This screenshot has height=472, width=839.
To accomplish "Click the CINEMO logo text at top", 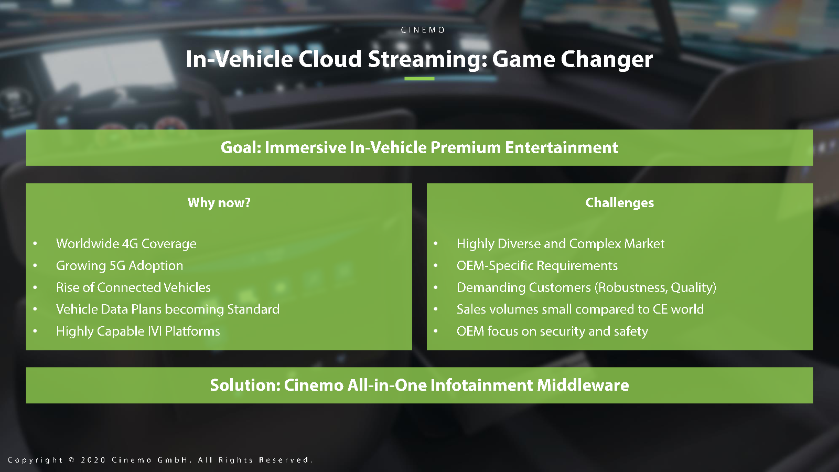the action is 423,30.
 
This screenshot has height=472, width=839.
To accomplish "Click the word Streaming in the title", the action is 427,60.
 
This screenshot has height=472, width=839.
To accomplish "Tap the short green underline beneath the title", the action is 419,79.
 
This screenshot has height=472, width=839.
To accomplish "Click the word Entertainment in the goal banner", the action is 562,147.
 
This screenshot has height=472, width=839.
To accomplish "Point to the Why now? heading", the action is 219,202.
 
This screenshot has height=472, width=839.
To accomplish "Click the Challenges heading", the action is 619,202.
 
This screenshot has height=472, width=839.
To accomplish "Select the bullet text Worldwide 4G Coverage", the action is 126,244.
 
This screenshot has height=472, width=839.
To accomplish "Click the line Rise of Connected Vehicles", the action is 133,287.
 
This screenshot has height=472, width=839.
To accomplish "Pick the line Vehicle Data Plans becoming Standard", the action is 168,309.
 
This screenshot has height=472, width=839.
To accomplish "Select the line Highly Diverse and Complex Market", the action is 561,244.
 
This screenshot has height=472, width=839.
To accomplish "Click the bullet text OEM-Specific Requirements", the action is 537,265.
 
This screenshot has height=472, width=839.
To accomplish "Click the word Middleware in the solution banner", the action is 583,385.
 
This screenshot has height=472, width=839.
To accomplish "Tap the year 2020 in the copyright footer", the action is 93,460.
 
